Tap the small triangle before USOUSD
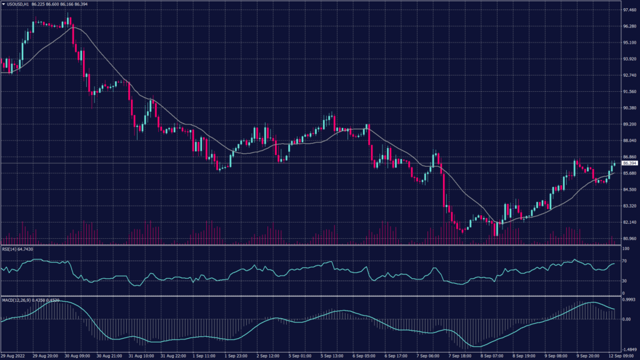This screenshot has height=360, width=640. [3, 4]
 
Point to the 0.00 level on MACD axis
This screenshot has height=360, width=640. [626, 319]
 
